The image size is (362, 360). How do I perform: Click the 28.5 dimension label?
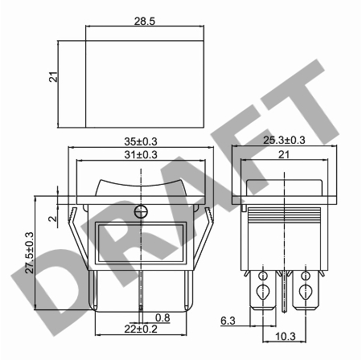pyautogui.click(x=145, y=21)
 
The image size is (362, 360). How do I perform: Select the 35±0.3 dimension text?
pyautogui.click(x=141, y=141)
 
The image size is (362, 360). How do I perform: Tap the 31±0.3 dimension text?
pyautogui.click(x=141, y=155)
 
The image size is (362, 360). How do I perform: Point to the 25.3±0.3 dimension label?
pyautogui.click(x=284, y=140)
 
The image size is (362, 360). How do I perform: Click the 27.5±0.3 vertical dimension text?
pyautogui.click(x=30, y=252)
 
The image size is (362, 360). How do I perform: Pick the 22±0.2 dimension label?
pyautogui.click(x=141, y=329)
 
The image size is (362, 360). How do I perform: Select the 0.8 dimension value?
pyautogui.click(x=162, y=317)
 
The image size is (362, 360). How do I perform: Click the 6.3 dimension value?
pyautogui.click(x=228, y=321)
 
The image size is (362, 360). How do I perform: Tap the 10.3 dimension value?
pyautogui.click(x=286, y=337)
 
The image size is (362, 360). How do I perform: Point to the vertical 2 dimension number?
pyautogui.click(x=53, y=219)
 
